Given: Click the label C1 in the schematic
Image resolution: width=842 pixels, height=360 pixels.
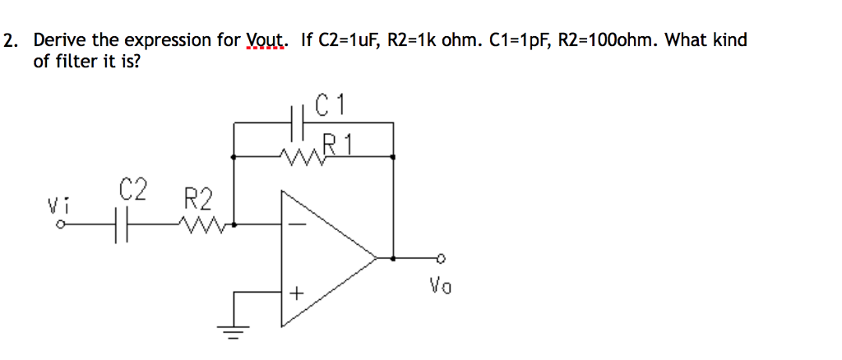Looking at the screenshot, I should [332, 105].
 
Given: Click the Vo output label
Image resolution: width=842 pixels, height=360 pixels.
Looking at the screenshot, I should [440, 286].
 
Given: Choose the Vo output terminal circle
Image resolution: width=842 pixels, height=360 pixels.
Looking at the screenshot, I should [440, 258].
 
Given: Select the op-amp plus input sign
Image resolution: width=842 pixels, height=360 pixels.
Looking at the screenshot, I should [296, 293].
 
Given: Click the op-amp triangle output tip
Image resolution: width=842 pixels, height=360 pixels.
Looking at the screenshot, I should [376, 258].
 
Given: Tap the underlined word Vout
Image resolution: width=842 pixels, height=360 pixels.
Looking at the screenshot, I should [267, 40].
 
